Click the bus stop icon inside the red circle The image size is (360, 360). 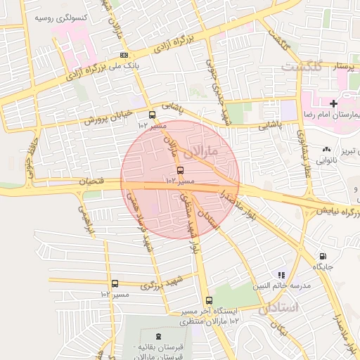tap(181, 171)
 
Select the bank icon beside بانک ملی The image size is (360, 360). tap(124, 55)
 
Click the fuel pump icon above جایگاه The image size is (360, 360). tap(323, 257)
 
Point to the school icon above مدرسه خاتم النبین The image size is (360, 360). tap(281, 275)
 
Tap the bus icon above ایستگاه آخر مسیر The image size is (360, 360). tap(207, 301)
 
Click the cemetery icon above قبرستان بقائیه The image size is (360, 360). tap(158, 337)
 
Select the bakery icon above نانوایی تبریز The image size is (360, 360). tap(326, 150)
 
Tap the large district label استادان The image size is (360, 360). tap(278, 308)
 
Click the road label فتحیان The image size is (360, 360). tap(91, 182)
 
